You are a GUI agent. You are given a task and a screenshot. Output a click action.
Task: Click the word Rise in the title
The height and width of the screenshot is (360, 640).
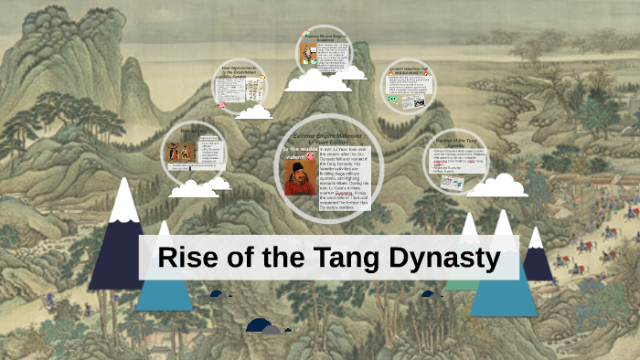click(187, 258)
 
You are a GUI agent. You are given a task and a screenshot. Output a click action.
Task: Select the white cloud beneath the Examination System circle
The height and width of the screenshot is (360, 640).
click(253, 112)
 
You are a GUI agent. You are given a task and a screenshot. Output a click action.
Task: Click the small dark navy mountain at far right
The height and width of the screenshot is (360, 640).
click(539, 256)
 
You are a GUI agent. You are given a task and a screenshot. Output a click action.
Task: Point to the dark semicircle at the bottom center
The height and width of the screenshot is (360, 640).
click(260, 326)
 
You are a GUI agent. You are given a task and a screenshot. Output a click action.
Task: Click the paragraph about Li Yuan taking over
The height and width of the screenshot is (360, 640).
click(344, 178)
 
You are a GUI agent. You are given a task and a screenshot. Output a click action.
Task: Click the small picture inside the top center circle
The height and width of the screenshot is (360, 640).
click(308, 55)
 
